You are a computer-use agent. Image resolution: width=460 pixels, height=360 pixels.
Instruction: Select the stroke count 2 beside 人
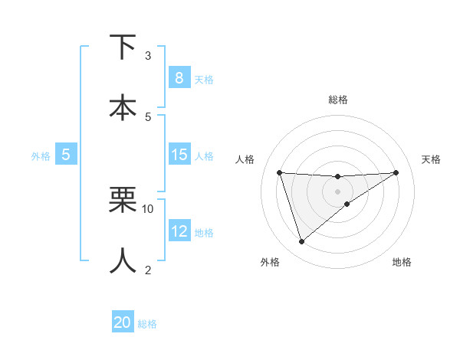pos(148,269)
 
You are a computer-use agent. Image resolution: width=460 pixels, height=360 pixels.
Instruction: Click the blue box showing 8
pos(179,77)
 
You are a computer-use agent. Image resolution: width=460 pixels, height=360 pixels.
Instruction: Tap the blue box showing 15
pos(179,155)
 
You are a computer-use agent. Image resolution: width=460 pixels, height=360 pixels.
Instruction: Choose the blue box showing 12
pos(179,231)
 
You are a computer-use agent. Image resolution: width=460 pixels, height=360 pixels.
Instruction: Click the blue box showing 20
pos(123,322)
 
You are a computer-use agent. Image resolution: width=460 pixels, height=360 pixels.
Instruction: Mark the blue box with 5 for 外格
pos(66,155)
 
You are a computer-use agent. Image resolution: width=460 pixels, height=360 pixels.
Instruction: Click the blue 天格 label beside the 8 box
pos(204,79)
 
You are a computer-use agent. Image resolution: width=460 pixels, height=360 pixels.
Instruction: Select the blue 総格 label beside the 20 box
pos(147,324)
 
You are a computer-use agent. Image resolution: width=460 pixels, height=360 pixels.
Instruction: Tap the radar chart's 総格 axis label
pos(337,100)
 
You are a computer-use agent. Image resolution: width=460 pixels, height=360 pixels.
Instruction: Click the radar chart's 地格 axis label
pos(402,263)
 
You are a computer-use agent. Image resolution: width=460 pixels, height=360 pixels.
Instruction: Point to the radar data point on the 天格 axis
pos(396,172)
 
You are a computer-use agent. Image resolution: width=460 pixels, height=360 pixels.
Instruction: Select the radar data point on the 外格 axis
pos(301,242)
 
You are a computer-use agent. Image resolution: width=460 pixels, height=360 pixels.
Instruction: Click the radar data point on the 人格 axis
pos(280,172)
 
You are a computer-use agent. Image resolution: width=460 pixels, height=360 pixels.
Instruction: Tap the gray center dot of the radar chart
pos(337,191)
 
